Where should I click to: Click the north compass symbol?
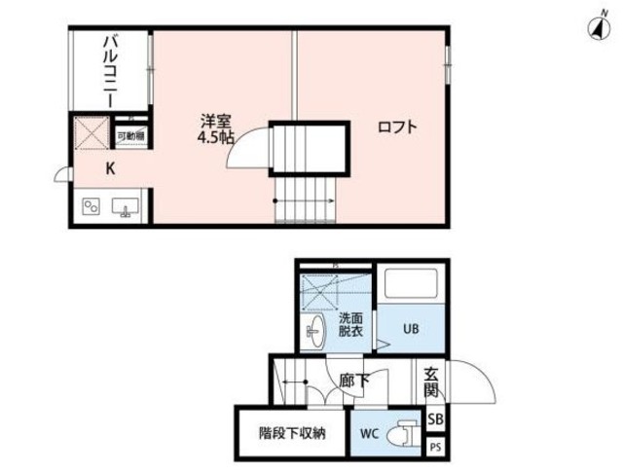coord(593,26)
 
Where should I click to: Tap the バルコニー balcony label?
coord(111,72)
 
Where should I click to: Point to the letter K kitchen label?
coord(110,168)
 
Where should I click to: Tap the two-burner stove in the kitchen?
coord(93,207)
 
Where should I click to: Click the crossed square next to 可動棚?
coord(93,134)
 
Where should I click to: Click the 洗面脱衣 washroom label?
coord(350,324)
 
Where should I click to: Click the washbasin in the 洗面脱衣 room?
coord(315,332)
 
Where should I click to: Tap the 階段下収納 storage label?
coord(292,432)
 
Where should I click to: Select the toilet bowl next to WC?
coord(407,433)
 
